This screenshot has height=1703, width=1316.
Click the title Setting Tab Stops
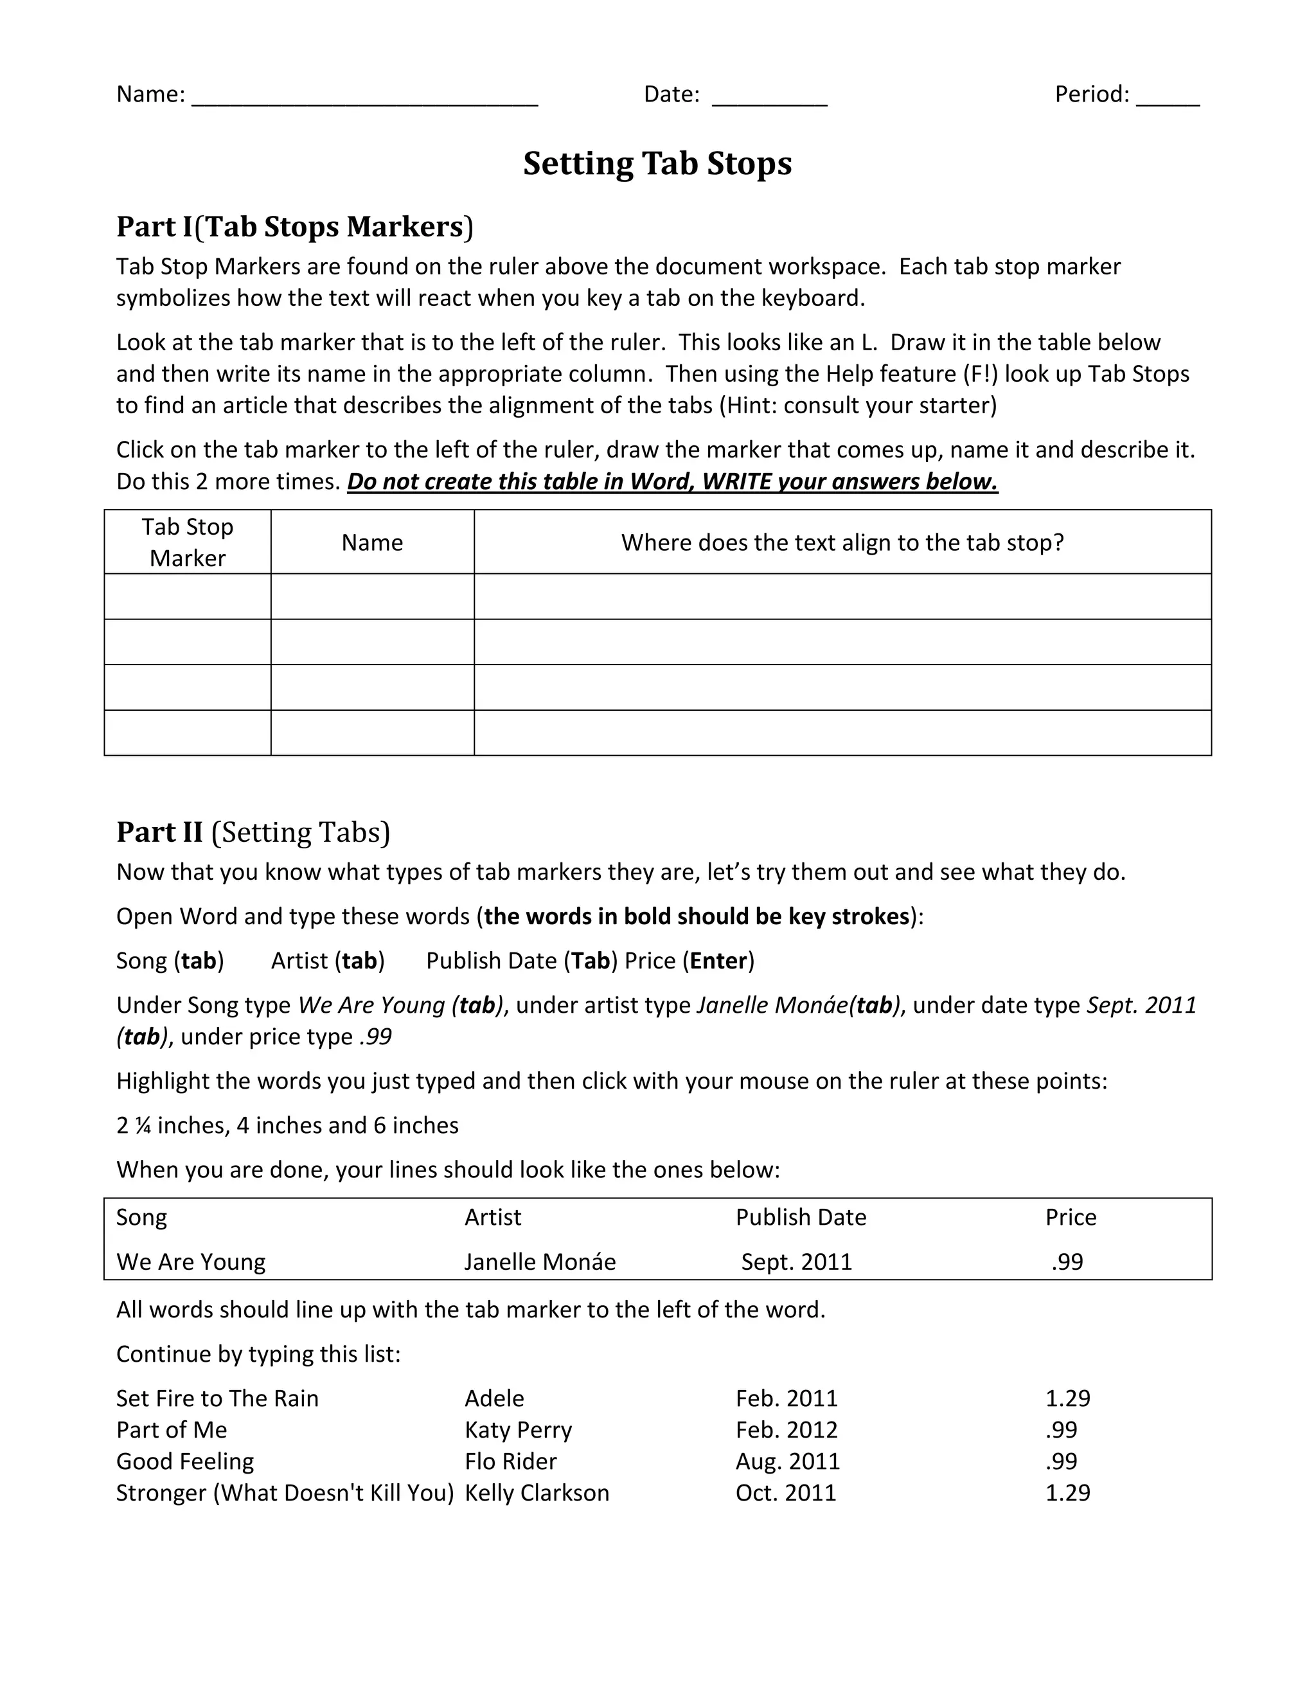click(657, 164)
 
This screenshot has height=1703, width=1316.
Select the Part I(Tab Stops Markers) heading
click(295, 227)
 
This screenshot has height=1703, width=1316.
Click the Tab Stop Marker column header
click(187, 542)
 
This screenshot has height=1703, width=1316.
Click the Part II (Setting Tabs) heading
click(253, 832)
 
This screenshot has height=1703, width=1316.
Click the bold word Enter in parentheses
click(718, 961)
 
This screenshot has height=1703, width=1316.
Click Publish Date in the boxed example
click(801, 1217)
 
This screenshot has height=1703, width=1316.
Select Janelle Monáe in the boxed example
click(540, 1262)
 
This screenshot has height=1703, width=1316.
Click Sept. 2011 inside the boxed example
click(796, 1262)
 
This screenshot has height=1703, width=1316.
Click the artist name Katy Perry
click(518, 1429)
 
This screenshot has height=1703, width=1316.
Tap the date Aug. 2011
click(787, 1461)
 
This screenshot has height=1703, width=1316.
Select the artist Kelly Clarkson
click(537, 1492)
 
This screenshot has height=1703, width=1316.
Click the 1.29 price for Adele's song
click(1067, 1398)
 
